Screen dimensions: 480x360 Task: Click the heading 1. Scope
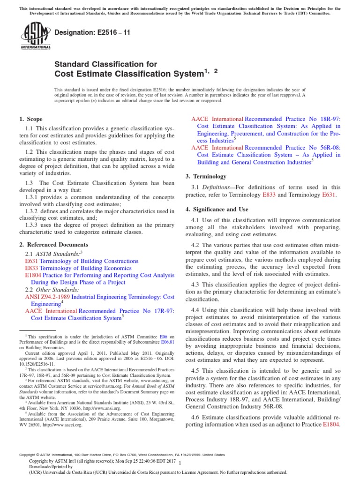[x=31, y=119]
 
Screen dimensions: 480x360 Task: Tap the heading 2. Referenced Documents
[x=53, y=244]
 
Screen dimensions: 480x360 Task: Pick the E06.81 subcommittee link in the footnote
[x=167, y=342]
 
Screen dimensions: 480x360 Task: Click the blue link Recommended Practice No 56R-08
[x=293, y=147]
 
